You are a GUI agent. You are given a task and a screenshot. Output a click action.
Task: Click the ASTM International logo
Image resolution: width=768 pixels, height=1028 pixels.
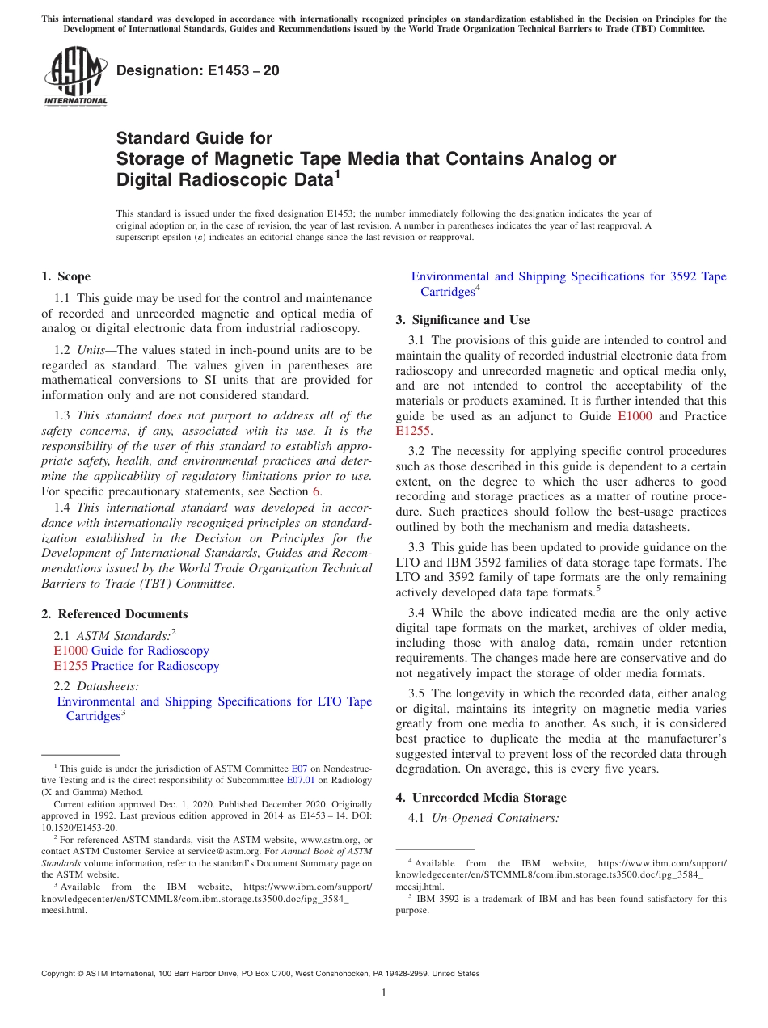click(75, 77)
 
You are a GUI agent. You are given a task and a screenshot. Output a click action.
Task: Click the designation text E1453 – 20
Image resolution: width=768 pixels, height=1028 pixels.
click(198, 70)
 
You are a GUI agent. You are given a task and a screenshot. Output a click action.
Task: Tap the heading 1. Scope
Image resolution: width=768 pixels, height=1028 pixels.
click(65, 277)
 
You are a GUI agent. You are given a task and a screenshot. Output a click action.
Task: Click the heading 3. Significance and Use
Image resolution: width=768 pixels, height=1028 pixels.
click(462, 320)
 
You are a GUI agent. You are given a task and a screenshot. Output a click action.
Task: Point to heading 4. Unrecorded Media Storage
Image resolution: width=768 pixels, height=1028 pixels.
click(481, 798)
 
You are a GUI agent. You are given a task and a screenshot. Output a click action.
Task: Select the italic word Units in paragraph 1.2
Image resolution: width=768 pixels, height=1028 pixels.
click(95, 350)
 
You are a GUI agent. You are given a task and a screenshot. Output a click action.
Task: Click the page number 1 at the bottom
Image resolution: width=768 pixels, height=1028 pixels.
click(384, 992)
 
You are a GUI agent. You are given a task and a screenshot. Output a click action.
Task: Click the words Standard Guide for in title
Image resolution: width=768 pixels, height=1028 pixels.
click(194, 138)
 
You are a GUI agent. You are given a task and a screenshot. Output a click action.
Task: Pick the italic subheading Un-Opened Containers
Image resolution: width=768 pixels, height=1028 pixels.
click(495, 818)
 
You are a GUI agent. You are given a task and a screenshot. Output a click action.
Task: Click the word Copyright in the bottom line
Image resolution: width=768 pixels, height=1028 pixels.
click(60, 974)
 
